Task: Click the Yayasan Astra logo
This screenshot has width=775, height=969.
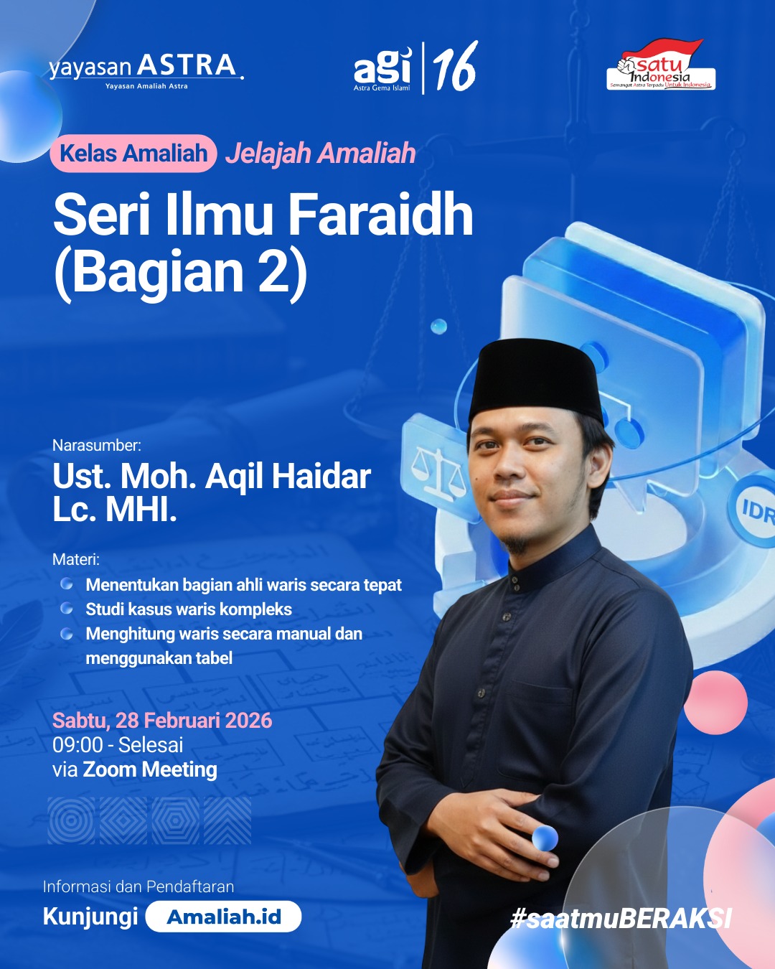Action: (x=146, y=70)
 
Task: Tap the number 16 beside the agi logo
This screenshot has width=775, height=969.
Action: (x=455, y=67)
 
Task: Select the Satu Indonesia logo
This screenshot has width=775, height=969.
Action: (x=661, y=66)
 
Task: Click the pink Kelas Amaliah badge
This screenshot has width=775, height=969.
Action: (x=133, y=153)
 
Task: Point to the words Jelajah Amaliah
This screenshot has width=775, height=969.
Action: (x=321, y=154)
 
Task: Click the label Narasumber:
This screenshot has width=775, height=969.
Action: (x=97, y=445)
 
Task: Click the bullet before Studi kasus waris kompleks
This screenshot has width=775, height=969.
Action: (x=67, y=609)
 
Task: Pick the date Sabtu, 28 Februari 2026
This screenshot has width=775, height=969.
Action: (x=162, y=720)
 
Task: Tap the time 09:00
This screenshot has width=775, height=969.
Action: (x=77, y=745)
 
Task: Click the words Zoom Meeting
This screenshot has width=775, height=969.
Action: (x=150, y=769)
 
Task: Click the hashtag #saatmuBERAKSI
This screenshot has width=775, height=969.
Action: (x=621, y=918)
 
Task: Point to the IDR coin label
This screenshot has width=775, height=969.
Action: (x=758, y=511)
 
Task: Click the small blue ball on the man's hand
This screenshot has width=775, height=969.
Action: (x=545, y=838)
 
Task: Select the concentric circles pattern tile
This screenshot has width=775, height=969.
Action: (x=71, y=820)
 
